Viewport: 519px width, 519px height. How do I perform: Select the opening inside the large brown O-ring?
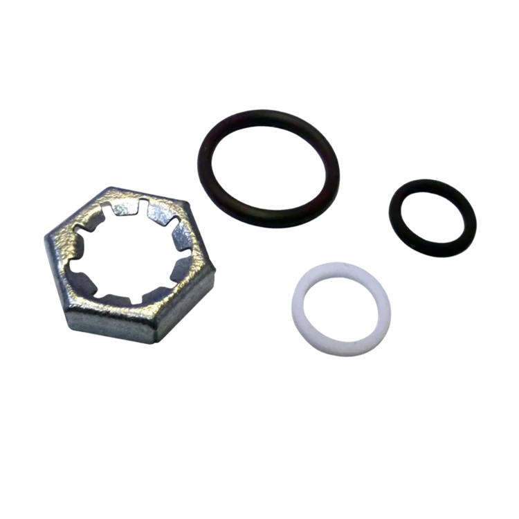click(x=270, y=170)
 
